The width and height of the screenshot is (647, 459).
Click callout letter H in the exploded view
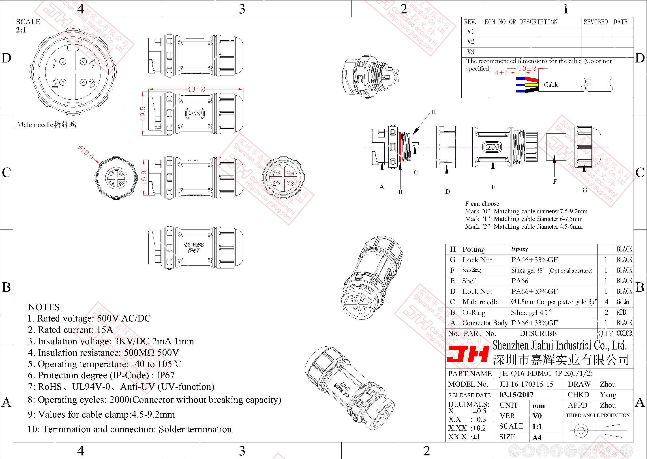click(433, 112)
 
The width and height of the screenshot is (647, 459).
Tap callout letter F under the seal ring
click(555, 181)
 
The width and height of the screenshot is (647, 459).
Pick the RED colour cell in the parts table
click(621, 312)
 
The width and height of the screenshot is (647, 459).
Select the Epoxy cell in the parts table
click(520, 249)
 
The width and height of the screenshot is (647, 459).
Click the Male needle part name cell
click(480, 302)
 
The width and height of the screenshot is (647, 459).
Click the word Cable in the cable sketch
click(551, 84)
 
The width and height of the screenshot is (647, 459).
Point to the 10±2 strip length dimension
click(527, 68)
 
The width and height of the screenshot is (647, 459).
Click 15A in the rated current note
click(105, 330)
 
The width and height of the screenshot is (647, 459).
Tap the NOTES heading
click(44, 307)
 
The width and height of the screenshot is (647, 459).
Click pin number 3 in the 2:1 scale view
click(92, 83)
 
